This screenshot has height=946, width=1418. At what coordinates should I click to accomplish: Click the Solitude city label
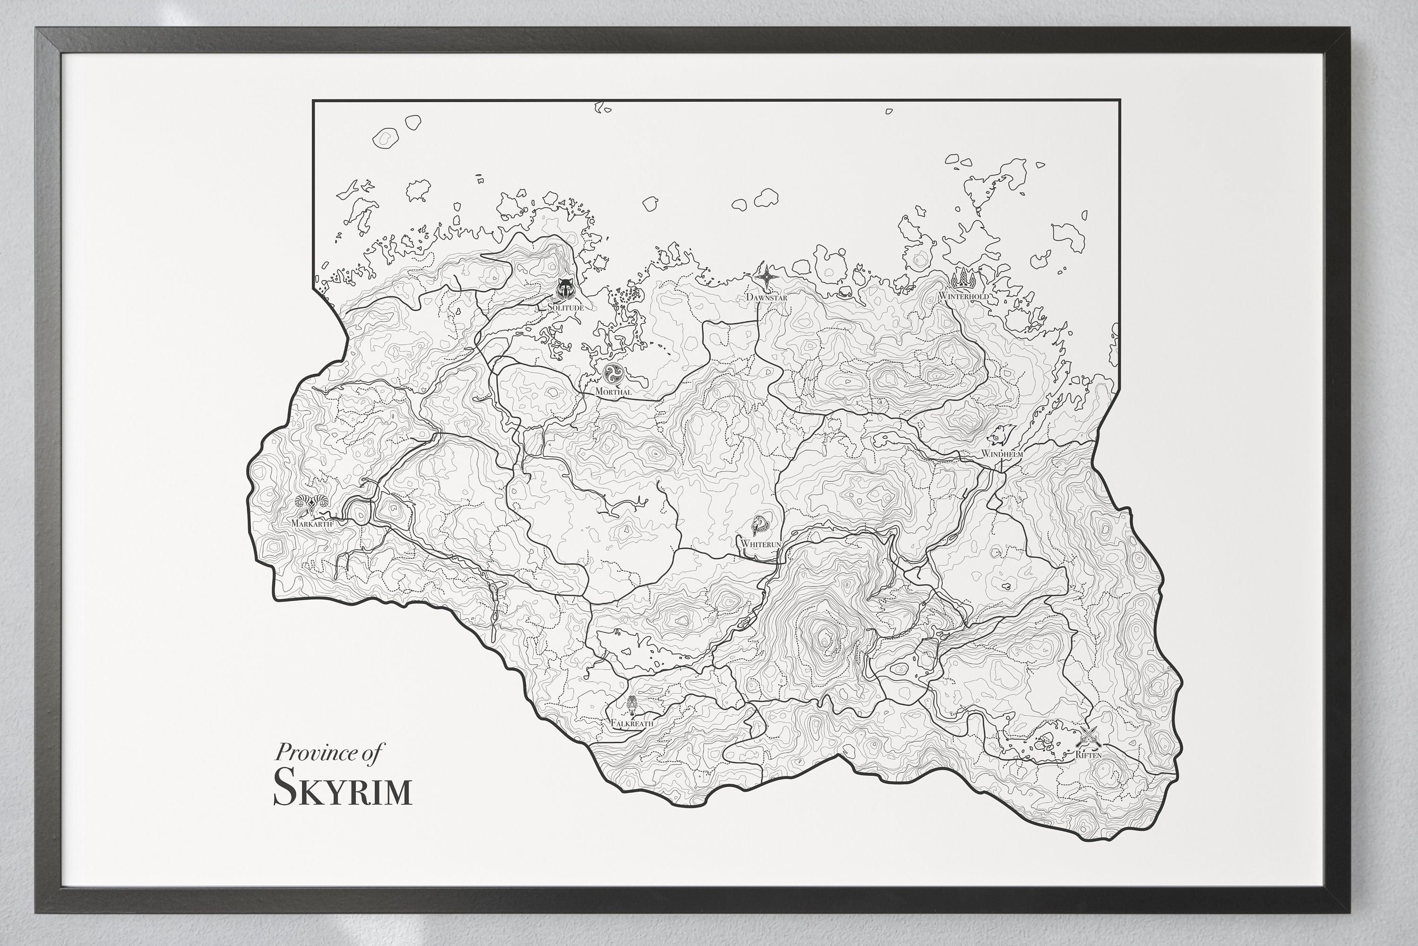(x=565, y=308)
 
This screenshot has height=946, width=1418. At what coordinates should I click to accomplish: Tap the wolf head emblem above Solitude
(x=565, y=290)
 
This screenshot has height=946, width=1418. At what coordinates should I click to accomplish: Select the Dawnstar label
(x=767, y=297)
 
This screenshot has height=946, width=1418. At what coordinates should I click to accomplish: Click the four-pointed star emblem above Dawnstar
(x=767, y=278)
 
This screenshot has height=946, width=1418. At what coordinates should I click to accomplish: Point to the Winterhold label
(x=963, y=296)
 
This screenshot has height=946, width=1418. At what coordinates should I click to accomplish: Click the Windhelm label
(x=1002, y=453)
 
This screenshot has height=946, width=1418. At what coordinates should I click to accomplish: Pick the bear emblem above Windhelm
(x=1001, y=434)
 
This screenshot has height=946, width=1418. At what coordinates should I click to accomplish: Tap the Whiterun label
(x=761, y=544)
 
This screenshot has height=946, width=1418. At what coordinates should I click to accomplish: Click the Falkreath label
(x=631, y=723)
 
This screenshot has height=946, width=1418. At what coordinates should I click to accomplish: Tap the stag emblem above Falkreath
(x=631, y=704)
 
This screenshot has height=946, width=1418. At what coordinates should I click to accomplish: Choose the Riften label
(x=1089, y=755)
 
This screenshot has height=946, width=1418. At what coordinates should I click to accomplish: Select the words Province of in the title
(x=329, y=753)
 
